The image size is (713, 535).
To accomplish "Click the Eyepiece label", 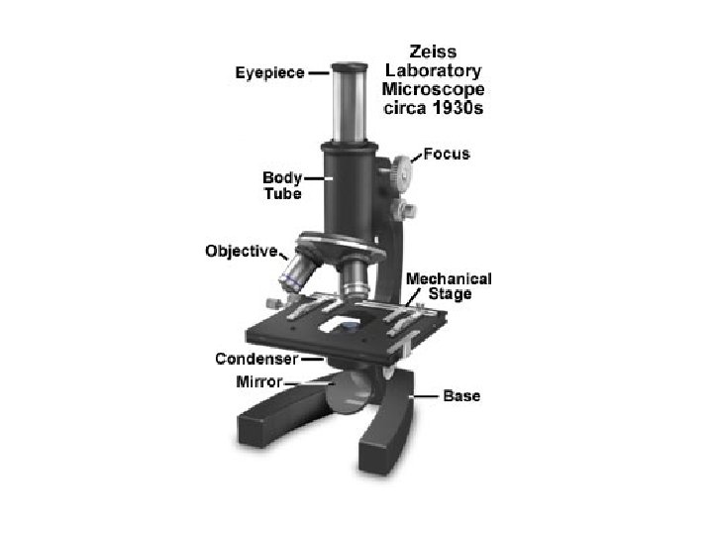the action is coord(269,72).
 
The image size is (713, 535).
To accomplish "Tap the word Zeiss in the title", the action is coord(433,52).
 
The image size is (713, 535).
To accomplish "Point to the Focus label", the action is coord(447,155).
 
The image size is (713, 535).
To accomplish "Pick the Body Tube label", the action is coord(282,185).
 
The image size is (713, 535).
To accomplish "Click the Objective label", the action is coord(242,251).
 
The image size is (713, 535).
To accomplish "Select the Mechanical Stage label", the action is coord(449,286).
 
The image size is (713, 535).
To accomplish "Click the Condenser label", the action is coord(256,359).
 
